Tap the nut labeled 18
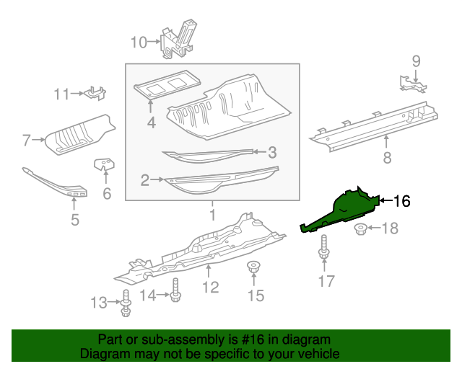pos(360,230)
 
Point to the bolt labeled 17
pos(323,252)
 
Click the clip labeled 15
pos(253,268)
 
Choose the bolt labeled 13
pos(126,303)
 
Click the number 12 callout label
pos(209,288)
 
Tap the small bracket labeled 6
pos(105,165)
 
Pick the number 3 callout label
pos(272,152)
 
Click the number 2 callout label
pos(145,180)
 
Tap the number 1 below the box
pos(212,215)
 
